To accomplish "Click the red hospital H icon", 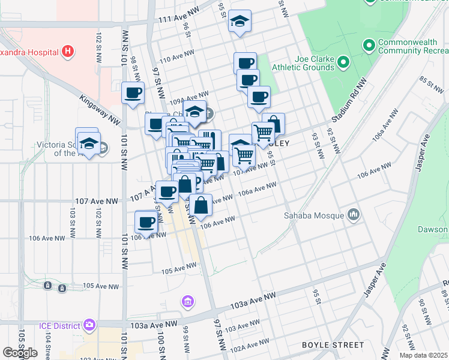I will tap(68, 52).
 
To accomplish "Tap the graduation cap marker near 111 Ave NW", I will tap(240, 22).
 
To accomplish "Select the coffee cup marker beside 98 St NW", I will tap(133, 93).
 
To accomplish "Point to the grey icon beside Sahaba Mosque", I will tap(353, 215).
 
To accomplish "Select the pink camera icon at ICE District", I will tap(89, 325).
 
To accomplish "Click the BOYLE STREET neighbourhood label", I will tap(333, 345).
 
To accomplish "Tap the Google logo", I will tap(20, 352).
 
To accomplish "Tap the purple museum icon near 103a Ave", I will tap(187, 301).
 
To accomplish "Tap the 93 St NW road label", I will tap(315, 146).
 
